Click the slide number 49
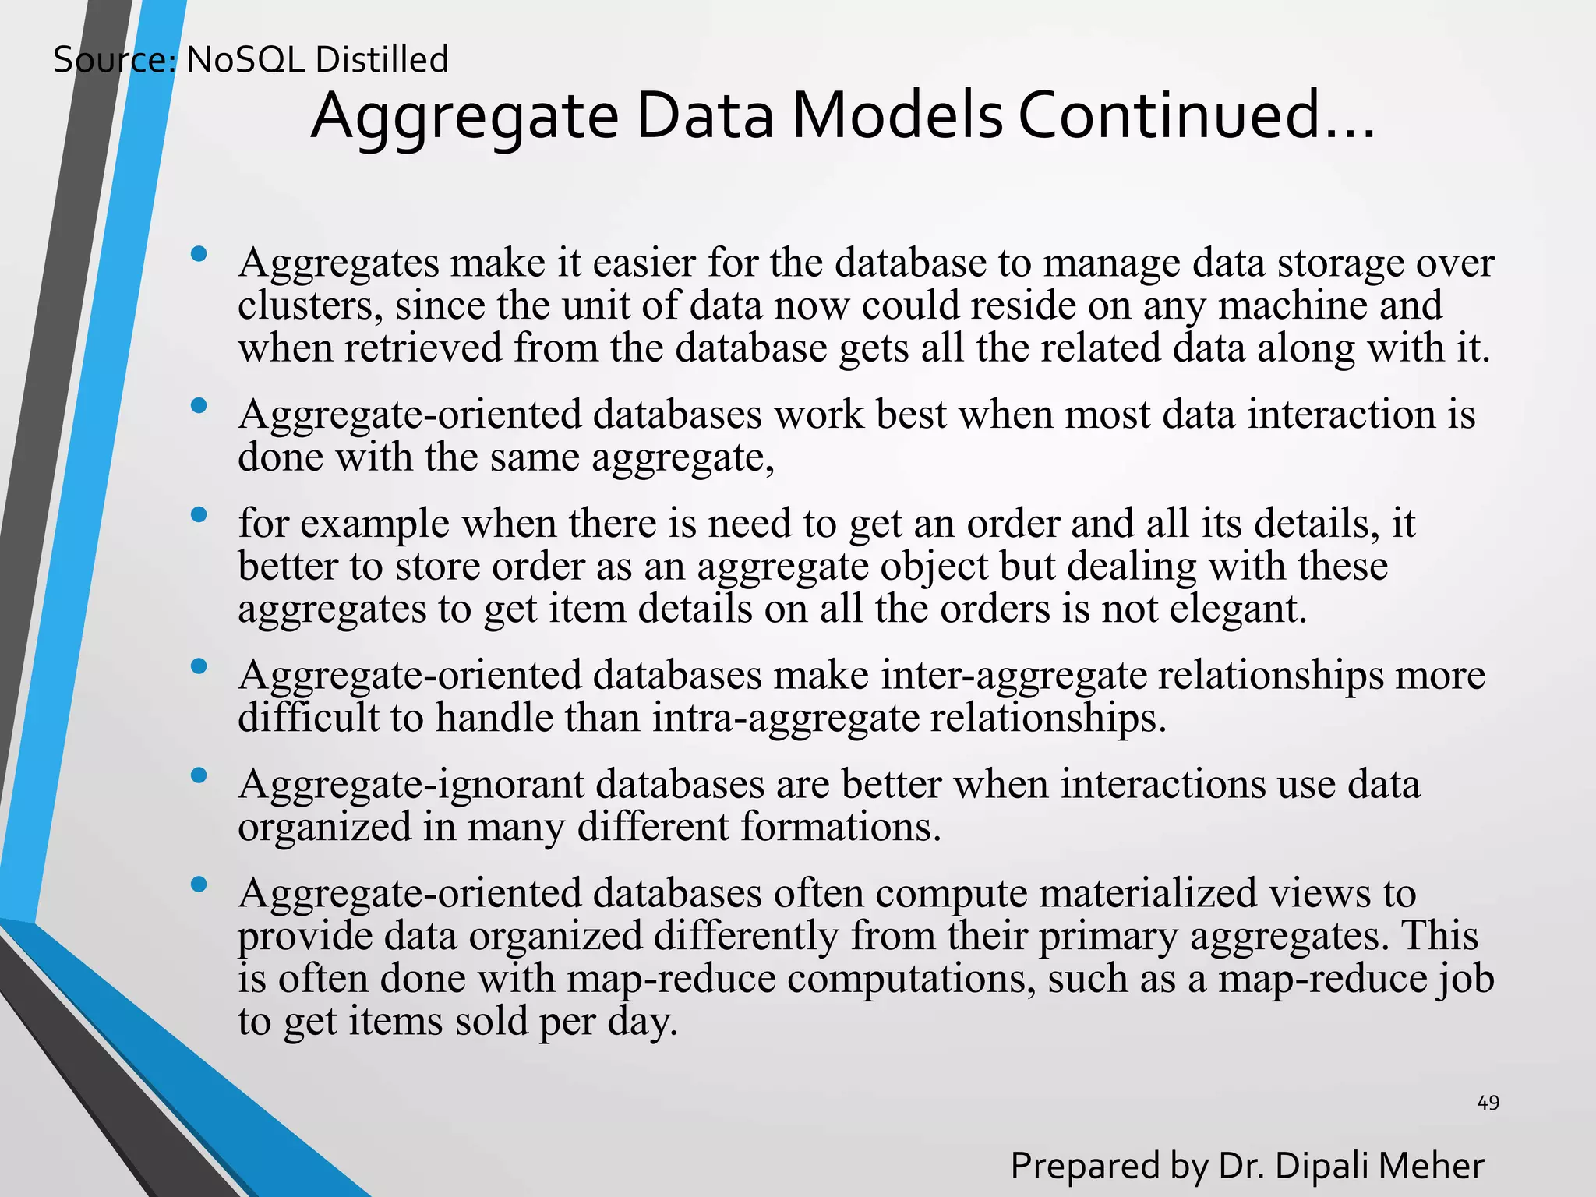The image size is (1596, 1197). pos(1488,1103)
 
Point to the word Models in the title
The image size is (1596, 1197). pos(897,116)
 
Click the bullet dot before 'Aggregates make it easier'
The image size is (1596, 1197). pos(199,254)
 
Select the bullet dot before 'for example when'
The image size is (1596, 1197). pos(199,514)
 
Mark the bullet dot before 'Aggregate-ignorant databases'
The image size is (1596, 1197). pos(199,775)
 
